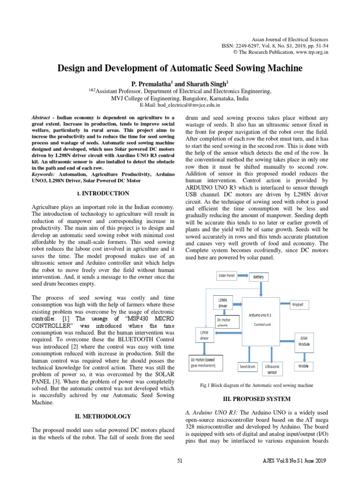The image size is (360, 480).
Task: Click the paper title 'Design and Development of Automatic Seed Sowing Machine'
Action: (x=180, y=68)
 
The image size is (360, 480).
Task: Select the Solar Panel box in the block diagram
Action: (x=227, y=276)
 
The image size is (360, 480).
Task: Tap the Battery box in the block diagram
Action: (x=258, y=277)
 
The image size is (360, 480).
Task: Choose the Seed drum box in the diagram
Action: (x=247, y=367)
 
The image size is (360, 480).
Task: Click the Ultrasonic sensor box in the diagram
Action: (x=272, y=369)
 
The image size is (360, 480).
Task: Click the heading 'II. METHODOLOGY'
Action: (x=103, y=416)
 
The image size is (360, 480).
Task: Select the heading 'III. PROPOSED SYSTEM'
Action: (x=255, y=399)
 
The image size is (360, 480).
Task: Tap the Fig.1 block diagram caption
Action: (x=256, y=385)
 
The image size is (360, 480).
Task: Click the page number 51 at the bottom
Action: (x=180, y=461)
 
